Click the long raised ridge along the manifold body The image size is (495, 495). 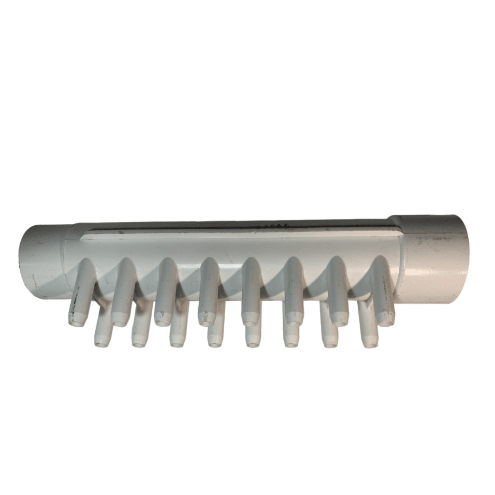(242, 234)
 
